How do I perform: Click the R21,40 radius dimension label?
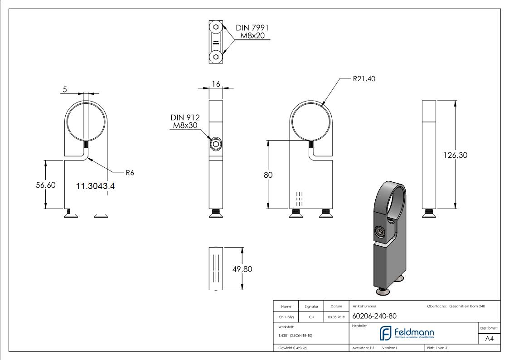pyautogui.click(x=364, y=79)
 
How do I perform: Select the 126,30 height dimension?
pyautogui.click(x=456, y=155)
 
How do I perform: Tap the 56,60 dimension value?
pyautogui.click(x=46, y=185)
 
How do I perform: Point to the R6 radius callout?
pyautogui.click(x=130, y=172)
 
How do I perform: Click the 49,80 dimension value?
pyautogui.click(x=242, y=269)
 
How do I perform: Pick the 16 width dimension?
pyautogui.click(x=216, y=84)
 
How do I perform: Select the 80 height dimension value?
pyautogui.click(x=268, y=175)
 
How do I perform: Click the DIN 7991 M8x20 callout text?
pyautogui.click(x=252, y=31)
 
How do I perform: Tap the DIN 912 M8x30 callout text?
pyautogui.click(x=185, y=122)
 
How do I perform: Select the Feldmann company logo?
pyautogui.click(x=407, y=333)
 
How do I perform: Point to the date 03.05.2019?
pyautogui.click(x=336, y=317)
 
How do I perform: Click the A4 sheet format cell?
pyautogui.click(x=489, y=338)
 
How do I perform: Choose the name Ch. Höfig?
pyautogui.click(x=286, y=317)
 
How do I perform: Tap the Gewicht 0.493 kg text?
pyautogui.click(x=292, y=348)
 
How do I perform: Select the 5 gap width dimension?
pyautogui.click(x=65, y=90)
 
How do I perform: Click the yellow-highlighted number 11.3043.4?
pyautogui.click(x=95, y=185)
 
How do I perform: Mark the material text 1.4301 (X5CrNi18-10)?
pyautogui.click(x=295, y=336)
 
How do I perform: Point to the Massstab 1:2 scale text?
pyautogui.click(x=364, y=348)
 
